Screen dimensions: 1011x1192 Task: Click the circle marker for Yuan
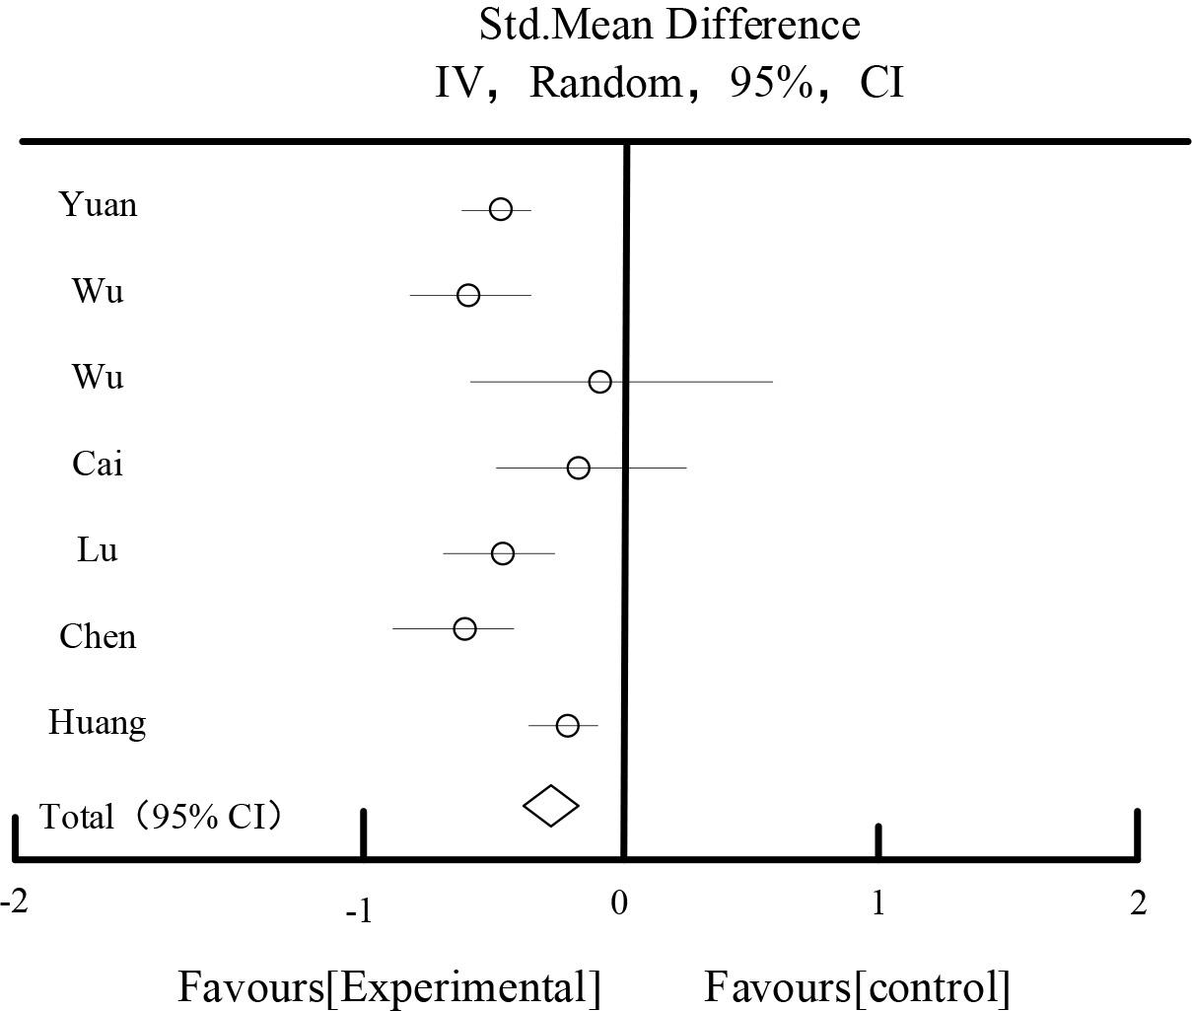point(501,209)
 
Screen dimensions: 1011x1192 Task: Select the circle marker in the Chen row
point(465,629)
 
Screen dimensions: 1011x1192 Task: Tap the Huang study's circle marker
point(567,726)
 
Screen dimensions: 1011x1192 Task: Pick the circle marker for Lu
point(503,553)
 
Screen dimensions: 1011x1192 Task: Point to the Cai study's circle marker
point(579,468)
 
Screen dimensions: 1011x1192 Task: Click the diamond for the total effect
point(550,806)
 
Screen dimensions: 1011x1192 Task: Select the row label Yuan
point(98,205)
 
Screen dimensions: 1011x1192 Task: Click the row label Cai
point(98,464)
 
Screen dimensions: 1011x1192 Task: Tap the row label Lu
point(98,550)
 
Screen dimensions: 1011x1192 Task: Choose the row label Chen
point(98,636)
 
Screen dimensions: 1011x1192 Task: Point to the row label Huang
point(98,723)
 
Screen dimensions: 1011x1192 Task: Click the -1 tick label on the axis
point(359,910)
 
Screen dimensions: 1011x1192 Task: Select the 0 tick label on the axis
point(619,903)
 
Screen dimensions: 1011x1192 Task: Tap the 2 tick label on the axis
point(1139,903)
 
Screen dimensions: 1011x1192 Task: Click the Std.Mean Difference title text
point(669,25)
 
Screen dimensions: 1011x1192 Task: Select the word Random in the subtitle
point(605,83)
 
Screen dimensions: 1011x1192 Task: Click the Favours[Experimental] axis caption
point(388,986)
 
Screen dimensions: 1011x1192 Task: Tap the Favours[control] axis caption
point(857,986)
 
